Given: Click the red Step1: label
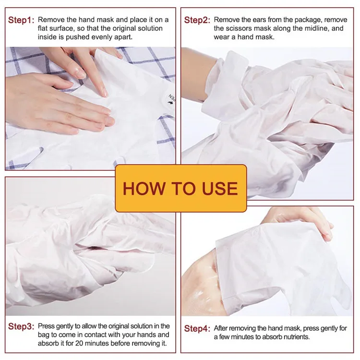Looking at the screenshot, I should [21, 20].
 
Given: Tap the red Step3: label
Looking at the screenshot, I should [21, 326].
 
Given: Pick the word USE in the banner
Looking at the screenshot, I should [218, 188].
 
